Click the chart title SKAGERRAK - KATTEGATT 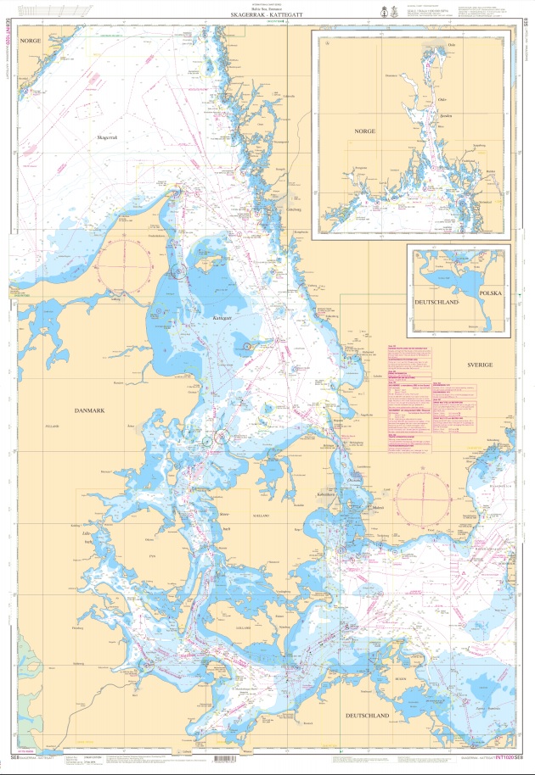[x=267, y=15]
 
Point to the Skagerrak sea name [x=109, y=137]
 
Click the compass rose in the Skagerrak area [x=125, y=264]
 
